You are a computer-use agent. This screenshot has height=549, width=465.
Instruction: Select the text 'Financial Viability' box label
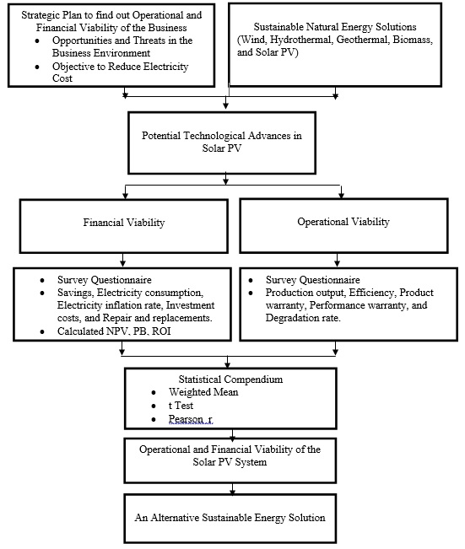(x=124, y=223)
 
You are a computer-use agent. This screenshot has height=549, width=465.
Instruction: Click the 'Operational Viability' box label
(x=343, y=222)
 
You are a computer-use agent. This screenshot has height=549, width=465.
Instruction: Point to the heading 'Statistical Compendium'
(x=230, y=379)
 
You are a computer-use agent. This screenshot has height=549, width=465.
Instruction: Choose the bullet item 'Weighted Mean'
(x=203, y=392)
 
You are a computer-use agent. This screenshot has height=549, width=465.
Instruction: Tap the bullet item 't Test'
(x=181, y=406)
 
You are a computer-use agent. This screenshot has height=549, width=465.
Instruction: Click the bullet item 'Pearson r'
(x=190, y=419)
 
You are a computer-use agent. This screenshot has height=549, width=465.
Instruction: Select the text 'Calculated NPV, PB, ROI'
(x=114, y=331)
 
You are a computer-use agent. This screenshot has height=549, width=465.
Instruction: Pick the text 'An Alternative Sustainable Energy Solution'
(x=230, y=518)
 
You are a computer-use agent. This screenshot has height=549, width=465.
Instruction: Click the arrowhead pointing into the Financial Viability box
(x=125, y=195)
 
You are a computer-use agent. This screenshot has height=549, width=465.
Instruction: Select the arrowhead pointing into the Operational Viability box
(x=341, y=194)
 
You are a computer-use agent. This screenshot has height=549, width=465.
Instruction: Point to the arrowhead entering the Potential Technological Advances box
(x=226, y=105)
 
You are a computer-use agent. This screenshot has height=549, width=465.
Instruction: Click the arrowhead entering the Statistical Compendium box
(x=228, y=364)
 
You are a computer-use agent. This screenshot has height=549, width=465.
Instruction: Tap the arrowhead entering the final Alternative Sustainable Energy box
(x=232, y=491)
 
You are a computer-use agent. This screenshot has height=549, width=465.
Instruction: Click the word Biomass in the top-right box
(x=413, y=40)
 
